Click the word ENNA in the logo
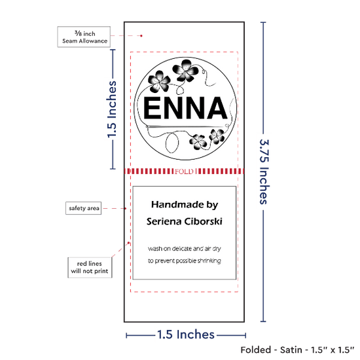point(185,108)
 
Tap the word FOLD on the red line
point(184,171)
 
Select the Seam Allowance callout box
point(84,37)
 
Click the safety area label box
point(84,208)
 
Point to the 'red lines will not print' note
point(90,268)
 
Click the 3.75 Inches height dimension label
point(264,171)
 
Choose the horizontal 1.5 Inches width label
point(186,334)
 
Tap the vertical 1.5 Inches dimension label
point(112,109)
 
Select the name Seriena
point(164,221)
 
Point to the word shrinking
point(209,261)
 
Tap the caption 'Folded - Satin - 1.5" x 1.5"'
point(297,350)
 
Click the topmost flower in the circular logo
point(185,70)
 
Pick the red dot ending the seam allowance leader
point(141,36)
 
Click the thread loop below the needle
point(172,143)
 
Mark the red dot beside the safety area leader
point(126,208)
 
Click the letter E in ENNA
point(153,108)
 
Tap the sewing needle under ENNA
point(185,126)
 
